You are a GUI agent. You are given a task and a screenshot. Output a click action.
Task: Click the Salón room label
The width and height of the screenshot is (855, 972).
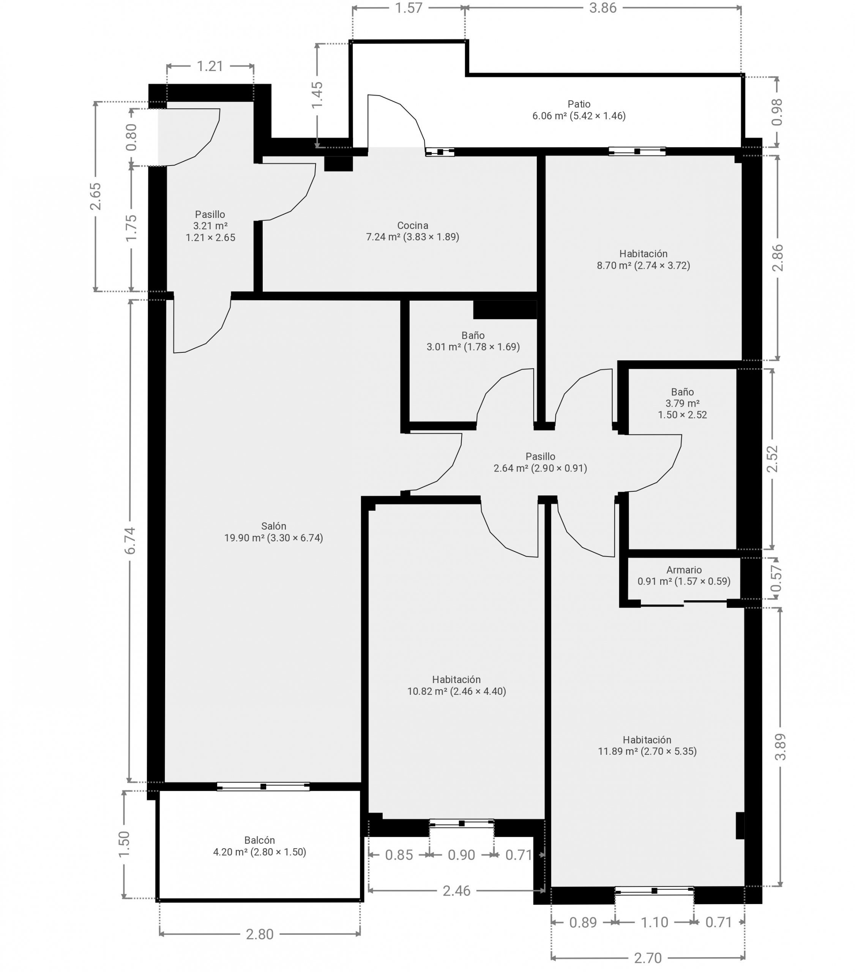click(273, 526)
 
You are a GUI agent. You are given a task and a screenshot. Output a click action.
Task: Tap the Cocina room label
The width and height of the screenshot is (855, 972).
click(412, 226)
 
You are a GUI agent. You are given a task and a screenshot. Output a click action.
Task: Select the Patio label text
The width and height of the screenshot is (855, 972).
click(579, 104)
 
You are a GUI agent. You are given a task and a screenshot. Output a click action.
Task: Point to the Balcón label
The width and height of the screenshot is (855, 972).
click(259, 840)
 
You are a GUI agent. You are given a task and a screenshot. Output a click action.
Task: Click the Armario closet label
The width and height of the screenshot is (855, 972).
click(684, 570)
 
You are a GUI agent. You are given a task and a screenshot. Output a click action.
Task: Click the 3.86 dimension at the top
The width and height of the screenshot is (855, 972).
click(603, 8)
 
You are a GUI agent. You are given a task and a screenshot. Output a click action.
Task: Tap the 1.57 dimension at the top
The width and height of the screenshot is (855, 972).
click(409, 8)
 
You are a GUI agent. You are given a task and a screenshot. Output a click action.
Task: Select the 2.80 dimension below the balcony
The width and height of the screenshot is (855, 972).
click(260, 934)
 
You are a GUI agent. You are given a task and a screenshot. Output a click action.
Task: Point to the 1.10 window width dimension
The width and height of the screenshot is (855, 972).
click(654, 923)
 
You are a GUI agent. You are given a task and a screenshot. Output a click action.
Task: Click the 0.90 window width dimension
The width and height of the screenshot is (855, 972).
click(461, 855)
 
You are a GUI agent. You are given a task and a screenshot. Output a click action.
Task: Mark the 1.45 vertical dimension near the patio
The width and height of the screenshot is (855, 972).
click(317, 95)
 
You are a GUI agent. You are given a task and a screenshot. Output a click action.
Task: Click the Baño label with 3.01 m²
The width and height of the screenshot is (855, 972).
click(473, 335)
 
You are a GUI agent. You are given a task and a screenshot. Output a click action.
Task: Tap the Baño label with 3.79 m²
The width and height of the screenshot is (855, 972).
click(682, 392)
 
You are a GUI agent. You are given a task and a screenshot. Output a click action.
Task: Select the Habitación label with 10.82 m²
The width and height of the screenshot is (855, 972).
click(456, 680)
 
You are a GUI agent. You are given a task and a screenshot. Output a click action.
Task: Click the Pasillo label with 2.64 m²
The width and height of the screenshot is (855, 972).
click(540, 456)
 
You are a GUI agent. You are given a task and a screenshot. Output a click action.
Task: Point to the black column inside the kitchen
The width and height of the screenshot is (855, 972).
click(339, 164)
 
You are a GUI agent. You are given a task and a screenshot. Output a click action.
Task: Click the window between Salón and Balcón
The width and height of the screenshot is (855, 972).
click(263, 787)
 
